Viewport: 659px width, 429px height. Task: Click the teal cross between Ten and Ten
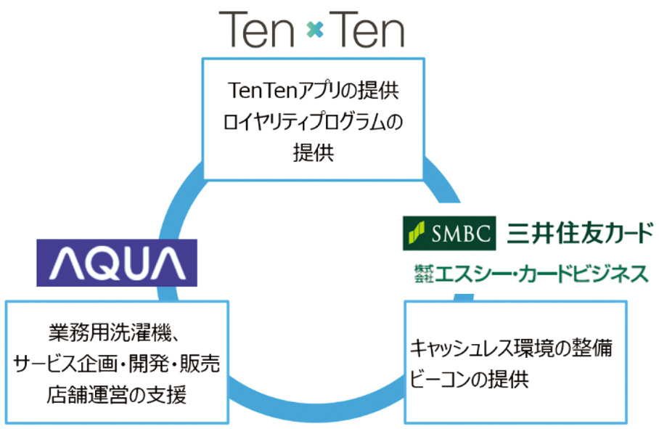pyautogui.click(x=315, y=30)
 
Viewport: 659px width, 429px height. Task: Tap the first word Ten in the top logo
pyautogui.click(x=256, y=29)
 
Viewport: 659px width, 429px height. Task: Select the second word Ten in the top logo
pyautogui.click(x=367, y=29)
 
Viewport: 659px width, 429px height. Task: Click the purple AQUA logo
pyautogui.click(x=117, y=263)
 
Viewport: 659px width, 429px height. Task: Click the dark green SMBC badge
pyautogui.click(x=449, y=233)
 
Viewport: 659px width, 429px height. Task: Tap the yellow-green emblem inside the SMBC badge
pyautogui.click(x=417, y=233)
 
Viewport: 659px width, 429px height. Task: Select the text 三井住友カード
pyautogui.click(x=580, y=233)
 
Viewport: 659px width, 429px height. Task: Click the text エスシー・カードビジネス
pyautogui.click(x=542, y=274)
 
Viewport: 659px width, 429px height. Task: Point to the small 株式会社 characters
pyautogui.click(x=424, y=274)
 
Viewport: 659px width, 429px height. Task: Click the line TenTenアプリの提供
pyautogui.click(x=313, y=90)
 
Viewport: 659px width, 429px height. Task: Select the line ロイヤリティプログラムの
pyautogui.click(x=313, y=121)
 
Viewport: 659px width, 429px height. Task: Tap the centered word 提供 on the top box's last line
pyautogui.click(x=314, y=152)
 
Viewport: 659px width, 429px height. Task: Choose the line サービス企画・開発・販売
pyautogui.click(x=116, y=364)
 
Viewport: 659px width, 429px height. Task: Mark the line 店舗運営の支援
pyautogui.click(x=116, y=395)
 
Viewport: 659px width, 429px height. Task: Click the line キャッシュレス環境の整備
pyautogui.click(x=511, y=348)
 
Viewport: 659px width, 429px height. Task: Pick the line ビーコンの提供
pyautogui.click(x=469, y=379)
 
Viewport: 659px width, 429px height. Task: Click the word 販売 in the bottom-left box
pyautogui.click(x=200, y=364)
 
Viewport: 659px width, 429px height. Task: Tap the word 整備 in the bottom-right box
pyautogui.click(x=593, y=348)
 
